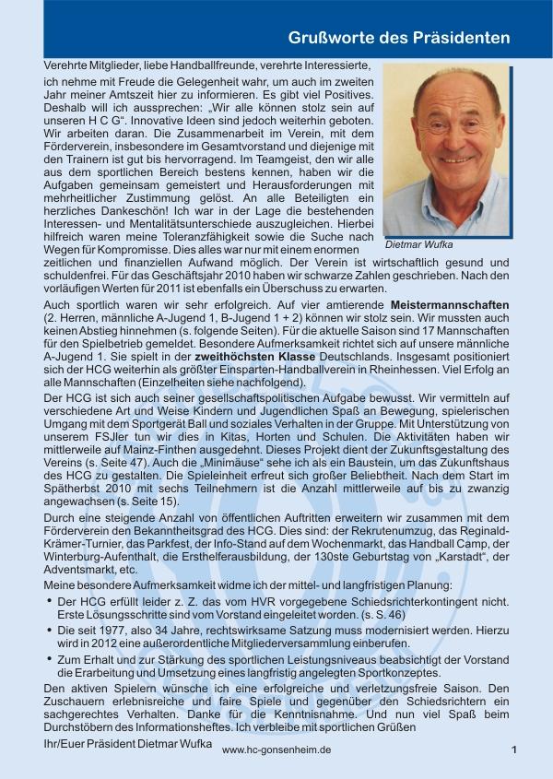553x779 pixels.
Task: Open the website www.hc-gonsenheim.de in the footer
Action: click(276, 750)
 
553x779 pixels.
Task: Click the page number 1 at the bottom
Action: click(514, 749)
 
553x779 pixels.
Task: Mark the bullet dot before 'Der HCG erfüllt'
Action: click(49, 600)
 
